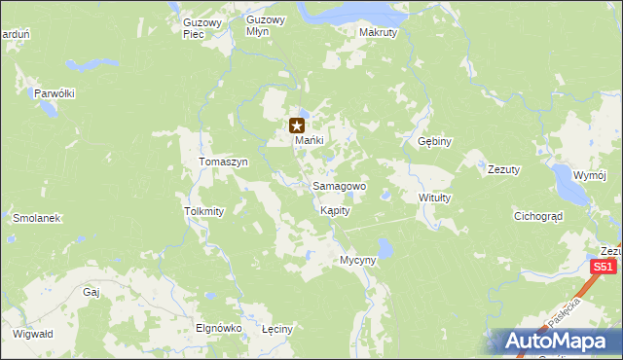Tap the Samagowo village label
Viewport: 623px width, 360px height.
(339, 186)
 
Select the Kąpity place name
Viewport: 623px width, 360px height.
(334, 210)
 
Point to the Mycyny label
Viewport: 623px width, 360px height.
(357, 261)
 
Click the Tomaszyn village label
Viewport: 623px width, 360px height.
(224, 162)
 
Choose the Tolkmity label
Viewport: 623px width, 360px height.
(204, 210)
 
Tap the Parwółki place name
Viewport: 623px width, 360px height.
(55, 93)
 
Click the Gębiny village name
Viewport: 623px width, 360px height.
(434, 141)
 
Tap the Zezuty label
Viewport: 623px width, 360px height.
(504, 166)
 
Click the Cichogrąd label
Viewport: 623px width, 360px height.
(539, 217)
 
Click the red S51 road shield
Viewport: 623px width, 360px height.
(605, 267)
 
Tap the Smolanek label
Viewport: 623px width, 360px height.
(36, 218)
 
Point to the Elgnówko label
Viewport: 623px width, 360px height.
(218, 328)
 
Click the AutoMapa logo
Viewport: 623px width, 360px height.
(554, 342)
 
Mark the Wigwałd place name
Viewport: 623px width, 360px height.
(33, 334)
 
